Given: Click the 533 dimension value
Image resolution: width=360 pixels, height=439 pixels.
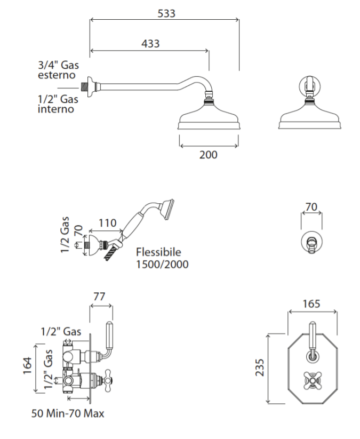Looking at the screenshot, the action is point(166,13).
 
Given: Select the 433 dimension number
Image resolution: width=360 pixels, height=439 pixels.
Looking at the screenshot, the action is point(150,44).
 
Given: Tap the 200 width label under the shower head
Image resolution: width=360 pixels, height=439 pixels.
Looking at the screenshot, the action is point(209,155).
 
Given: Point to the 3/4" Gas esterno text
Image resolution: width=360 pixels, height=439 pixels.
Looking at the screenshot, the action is point(59,70).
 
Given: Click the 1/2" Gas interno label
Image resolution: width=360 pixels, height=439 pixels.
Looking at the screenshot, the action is point(58,104).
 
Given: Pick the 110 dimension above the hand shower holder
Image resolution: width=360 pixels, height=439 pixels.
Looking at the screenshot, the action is point(108,223).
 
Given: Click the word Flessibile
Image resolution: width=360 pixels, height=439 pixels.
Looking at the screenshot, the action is point(158,252).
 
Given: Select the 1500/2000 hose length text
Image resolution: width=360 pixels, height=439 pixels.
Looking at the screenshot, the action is point(162,264).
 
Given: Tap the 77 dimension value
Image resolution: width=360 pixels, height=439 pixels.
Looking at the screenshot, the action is point(99,297).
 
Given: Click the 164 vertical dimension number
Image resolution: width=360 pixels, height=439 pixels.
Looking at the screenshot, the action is point(28,365).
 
